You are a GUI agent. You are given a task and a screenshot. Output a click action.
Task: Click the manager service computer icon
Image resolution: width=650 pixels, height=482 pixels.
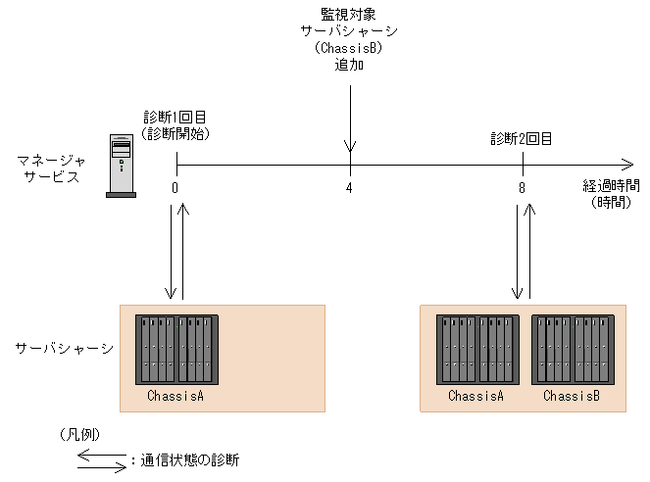[x=120, y=166]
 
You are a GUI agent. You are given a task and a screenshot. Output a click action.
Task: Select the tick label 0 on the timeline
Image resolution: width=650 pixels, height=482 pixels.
[x=175, y=188]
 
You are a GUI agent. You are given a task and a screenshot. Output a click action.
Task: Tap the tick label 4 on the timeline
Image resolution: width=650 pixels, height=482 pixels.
[x=349, y=188]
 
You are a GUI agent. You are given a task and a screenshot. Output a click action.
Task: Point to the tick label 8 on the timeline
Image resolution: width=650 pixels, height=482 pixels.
[x=523, y=188]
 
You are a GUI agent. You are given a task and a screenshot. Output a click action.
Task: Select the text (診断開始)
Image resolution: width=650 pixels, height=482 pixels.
[x=175, y=132]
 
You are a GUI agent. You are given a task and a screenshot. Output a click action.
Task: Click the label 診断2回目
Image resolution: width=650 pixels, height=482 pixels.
[x=522, y=139]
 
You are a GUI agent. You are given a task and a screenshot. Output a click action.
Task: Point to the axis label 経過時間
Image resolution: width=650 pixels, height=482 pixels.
[x=611, y=187]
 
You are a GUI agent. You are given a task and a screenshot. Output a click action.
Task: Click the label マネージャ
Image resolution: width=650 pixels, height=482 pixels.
[x=51, y=159]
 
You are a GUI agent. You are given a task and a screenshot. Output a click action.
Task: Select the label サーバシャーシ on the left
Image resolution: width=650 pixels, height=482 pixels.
[x=64, y=348]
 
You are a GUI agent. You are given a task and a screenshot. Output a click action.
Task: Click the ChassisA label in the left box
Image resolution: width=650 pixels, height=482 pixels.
[x=175, y=397]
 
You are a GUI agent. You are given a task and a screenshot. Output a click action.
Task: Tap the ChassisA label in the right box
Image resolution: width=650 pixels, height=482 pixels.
[x=475, y=397]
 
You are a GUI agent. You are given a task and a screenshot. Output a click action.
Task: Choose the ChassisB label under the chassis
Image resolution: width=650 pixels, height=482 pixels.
[x=572, y=397]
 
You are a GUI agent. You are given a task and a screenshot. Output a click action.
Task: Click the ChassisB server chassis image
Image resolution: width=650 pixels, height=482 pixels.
[x=573, y=351]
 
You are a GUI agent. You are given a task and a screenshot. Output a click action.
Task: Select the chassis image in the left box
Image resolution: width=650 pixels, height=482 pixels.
[x=176, y=351]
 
